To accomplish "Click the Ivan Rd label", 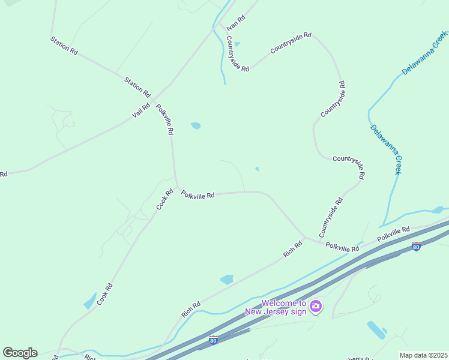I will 236,23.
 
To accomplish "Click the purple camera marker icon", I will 316,307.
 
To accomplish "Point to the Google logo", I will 20,353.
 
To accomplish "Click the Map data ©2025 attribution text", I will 423,355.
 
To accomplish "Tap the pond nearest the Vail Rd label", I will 196,126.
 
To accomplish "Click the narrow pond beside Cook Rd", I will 90,301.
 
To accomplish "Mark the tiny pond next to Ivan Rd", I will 237,44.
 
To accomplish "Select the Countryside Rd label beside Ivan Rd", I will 237,54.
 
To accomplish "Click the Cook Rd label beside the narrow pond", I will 104,293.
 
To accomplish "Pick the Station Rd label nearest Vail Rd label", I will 137,86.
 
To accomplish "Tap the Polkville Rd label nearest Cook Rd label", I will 198,195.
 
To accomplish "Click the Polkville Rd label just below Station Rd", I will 165,119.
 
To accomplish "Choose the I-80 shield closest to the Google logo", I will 214,340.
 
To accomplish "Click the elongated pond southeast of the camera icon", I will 376,329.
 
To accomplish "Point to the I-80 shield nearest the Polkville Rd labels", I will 417,246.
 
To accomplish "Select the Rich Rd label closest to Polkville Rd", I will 293,249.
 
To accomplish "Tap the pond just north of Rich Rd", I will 227,280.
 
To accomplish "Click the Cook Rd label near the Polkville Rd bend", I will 164,199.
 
